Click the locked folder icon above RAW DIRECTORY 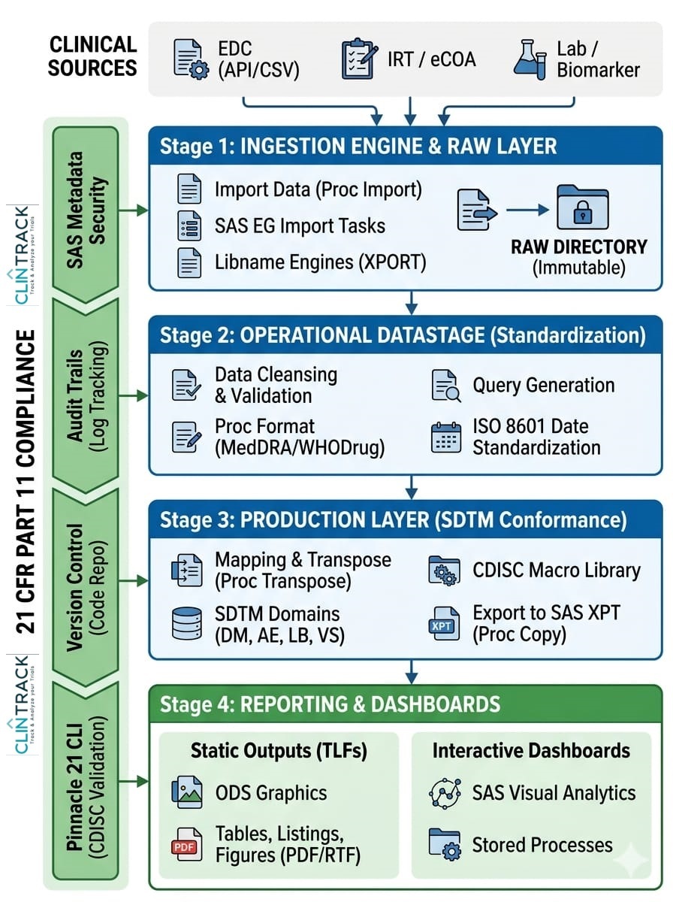coord(582,207)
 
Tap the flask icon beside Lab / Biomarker coord(530,59)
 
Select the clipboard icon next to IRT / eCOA coord(360,59)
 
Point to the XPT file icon coord(444,623)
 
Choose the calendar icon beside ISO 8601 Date coord(446,437)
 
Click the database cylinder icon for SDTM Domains coord(187,623)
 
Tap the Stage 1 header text coord(358,147)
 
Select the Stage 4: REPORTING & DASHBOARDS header coord(330,704)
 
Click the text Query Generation coord(544,386)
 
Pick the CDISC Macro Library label coord(557,571)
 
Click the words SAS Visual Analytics coord(554,793)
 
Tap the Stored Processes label coord(542,845)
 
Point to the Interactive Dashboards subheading coord(531,750)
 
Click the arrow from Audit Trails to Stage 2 coord(134,395)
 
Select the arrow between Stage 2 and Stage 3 coord(412,488)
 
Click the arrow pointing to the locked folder coord(527,210)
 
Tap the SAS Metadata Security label coord(86,210)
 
